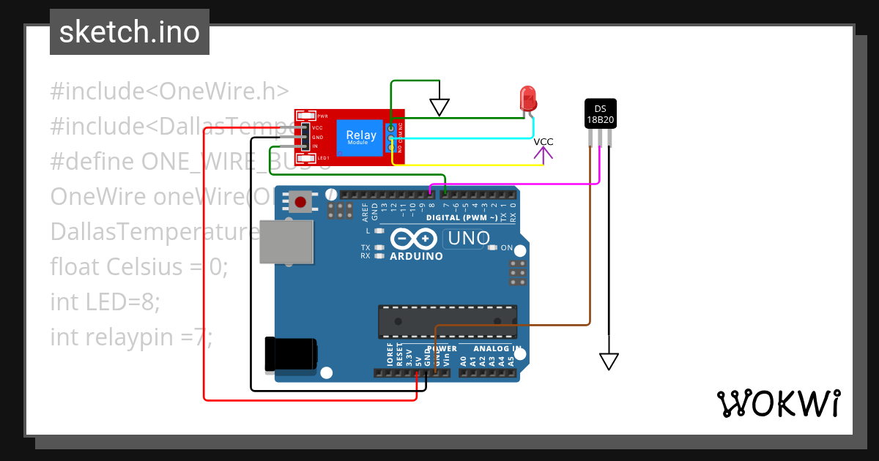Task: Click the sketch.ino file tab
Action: tap(130, 32)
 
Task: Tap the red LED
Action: tap(527, 99)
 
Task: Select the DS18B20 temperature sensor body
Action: tap(600, 113)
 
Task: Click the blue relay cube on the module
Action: tap(360, 138)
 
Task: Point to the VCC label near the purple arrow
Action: tap(544, 141)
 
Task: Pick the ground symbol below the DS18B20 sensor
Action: tap(609, 361)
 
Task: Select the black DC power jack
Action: tap(290, 354)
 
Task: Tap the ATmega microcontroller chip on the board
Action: tap(447, 322)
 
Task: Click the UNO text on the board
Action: tap(468, 239)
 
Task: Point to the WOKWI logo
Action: tap(778, 403)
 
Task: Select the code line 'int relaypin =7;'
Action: tap(131, 337)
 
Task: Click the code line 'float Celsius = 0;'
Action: tap(139, 267)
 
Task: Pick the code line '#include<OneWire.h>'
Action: tap(169, 91)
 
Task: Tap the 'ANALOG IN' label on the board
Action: tap(497, 348)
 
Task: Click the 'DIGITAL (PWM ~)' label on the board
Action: tap(461, 217)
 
